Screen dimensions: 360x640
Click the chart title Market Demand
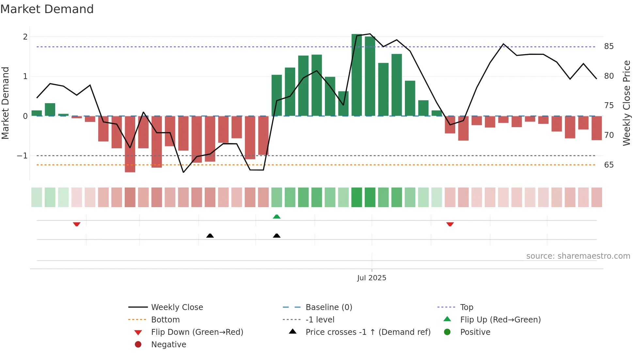47,9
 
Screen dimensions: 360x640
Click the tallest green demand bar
357,75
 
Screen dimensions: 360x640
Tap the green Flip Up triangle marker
277,217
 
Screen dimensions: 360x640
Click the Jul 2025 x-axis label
372,278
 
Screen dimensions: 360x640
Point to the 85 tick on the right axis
609,46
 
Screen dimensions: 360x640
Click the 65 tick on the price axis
609,165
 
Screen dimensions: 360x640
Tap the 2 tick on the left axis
25,37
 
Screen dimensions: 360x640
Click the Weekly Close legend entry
177,307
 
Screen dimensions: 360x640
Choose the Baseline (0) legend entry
328,307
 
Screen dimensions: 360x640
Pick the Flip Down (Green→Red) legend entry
197,332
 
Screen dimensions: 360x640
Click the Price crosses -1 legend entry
368,332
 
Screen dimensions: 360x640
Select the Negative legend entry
168,344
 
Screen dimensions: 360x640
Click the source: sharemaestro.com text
578,256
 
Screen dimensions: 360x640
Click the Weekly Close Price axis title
626,103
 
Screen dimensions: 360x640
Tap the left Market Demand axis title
6,103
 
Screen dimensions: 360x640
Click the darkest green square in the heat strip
357,197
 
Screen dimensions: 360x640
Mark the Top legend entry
466,307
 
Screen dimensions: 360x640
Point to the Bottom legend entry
165,319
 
